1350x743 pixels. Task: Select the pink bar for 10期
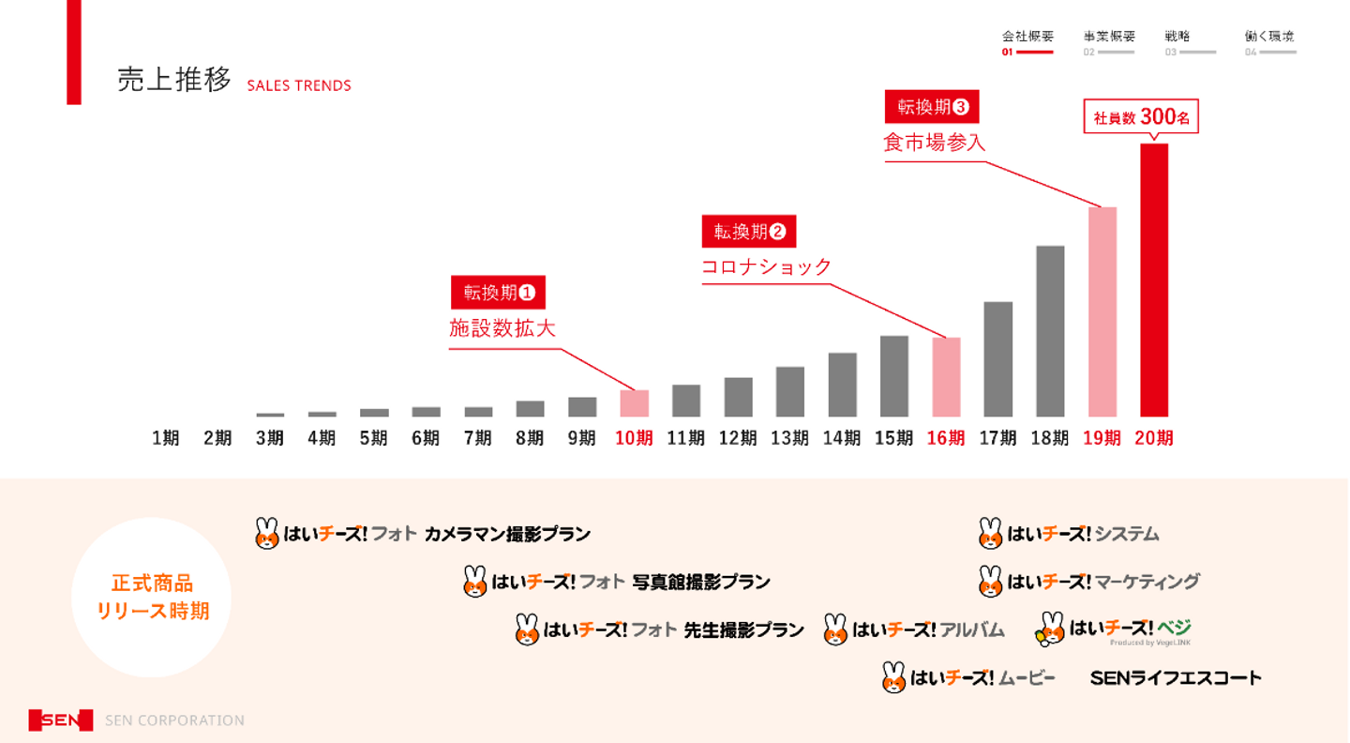634,403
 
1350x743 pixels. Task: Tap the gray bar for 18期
1050,331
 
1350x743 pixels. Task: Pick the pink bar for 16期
946,377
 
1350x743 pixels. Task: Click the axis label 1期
166,438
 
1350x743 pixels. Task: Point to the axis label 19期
1102,438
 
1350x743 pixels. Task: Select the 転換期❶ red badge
498,293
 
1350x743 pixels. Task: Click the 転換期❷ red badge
748,232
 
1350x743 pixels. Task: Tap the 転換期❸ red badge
931,107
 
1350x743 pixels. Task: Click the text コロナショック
766,267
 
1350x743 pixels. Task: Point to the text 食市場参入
934,143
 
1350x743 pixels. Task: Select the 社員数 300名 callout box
1141,117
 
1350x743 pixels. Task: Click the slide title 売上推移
174,80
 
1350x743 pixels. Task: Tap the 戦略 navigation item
1178,37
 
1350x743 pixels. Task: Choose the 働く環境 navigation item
1268,37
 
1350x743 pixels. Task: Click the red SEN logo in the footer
61,720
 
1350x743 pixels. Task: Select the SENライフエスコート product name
1176,677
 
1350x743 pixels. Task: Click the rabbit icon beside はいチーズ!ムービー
893,677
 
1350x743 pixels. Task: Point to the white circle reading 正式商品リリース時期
151,598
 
